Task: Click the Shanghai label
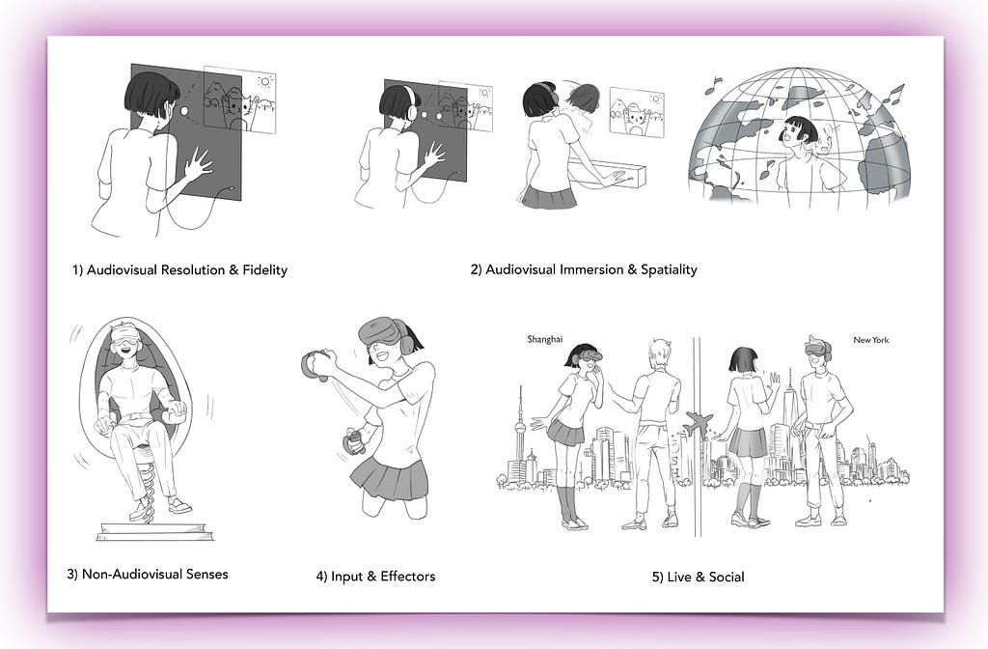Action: coord(544,339)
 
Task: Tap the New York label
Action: coord(871,340)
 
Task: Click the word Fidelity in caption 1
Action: coord(264,270)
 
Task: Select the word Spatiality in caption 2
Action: coord(669,269)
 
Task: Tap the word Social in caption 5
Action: coord(727,577)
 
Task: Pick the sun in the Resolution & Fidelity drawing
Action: coord(265,81)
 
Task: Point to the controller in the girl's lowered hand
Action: coord(353,440)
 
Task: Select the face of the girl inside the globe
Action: coord(793,135)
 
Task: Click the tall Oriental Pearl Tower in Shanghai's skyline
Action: coord(520,436)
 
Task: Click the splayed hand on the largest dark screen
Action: coord(195,163)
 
